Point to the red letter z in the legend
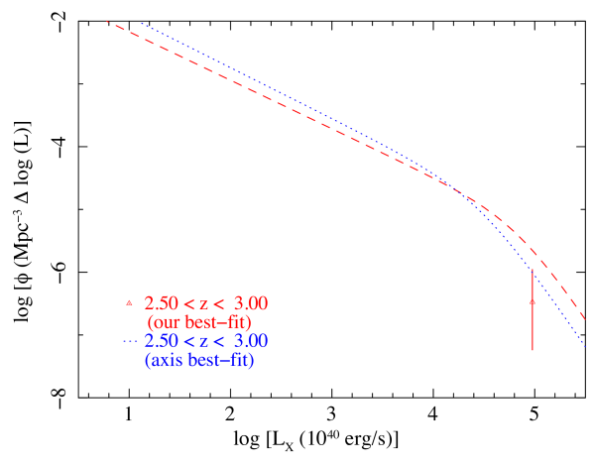tap(204, 304)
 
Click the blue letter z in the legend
tap(204, 342)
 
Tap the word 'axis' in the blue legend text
tap(164, 361)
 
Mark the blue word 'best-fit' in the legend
tap(221, 361)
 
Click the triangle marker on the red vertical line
tap(533, 297)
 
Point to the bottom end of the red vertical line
tap(533, 350)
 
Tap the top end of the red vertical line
tap(533, 269)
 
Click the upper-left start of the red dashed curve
tap(107, 22)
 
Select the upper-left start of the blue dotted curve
tap(141, 22)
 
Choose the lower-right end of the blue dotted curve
tap(585, 347)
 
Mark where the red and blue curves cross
tap(458, 190)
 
